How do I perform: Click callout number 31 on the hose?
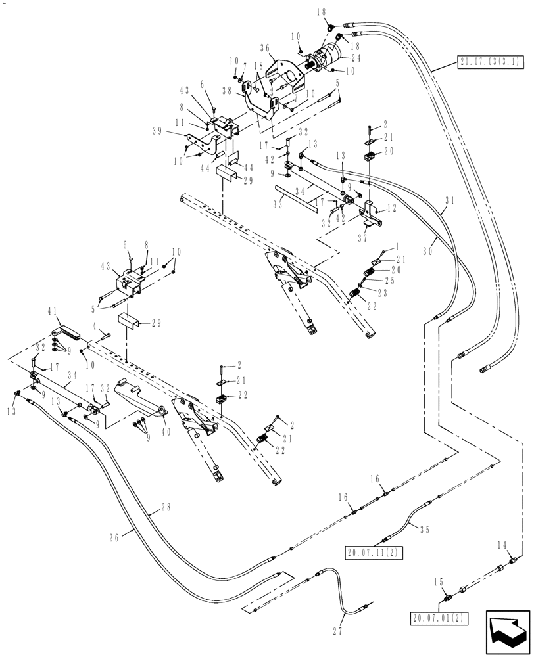click(449, 202)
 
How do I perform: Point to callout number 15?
click(438, 581)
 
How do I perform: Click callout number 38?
click(227, 91)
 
